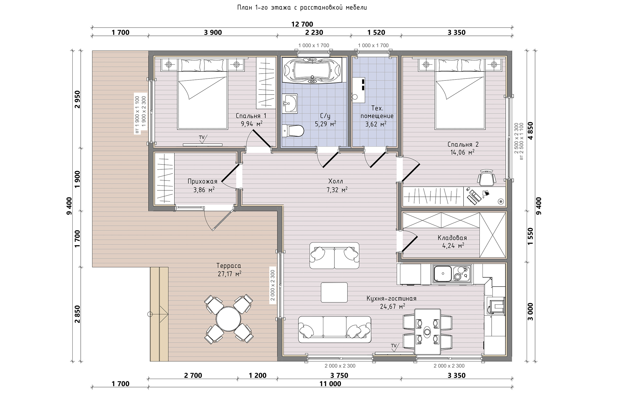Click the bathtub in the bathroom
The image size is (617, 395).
[312, 70]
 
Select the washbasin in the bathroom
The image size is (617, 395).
[290, 103]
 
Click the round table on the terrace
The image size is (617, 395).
[228, 319]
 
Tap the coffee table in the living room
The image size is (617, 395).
[334, 292]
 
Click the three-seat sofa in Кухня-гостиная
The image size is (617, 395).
[335, 329]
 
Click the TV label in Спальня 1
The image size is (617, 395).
[202, 138]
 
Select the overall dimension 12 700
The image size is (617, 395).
[302, 24]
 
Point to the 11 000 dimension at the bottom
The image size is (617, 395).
[330, 384]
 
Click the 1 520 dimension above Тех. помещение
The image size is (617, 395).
[376, 33]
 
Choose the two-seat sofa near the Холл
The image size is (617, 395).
[334, 256]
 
